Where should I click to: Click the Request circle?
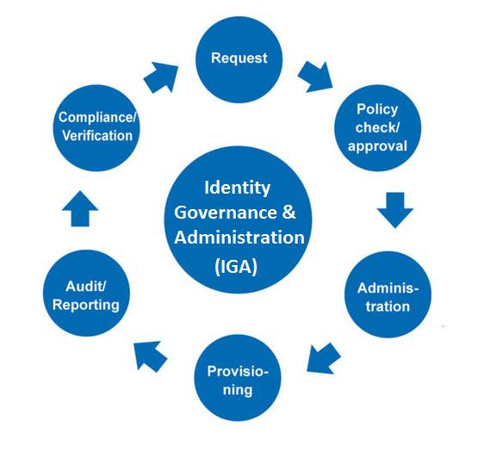click(239, 59)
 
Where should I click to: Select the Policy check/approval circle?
click(378, 128)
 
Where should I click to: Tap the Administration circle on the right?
click(388, 294)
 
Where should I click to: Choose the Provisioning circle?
click(238, 378)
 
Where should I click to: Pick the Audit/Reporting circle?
click(86, 294)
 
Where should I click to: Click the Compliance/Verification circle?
click(96, 128)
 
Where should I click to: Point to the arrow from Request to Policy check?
click(316, 77)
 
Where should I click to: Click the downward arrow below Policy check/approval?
click(395, 210)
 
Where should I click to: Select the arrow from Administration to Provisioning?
click(323, 359)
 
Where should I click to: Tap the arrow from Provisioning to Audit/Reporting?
click(150, 356)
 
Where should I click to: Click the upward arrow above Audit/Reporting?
click(80, 209)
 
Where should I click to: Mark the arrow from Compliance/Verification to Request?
click(161, 77)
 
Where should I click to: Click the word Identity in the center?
click(237, 188)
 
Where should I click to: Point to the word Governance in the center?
click(226, 212)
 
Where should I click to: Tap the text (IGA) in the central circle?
click(236, 267)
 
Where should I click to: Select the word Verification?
click(97, 136)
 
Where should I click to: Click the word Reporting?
click(86, 306)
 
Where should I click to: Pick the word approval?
click(377, 146)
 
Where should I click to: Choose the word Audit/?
click(86, 287)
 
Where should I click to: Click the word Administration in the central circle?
click(239, 238)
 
